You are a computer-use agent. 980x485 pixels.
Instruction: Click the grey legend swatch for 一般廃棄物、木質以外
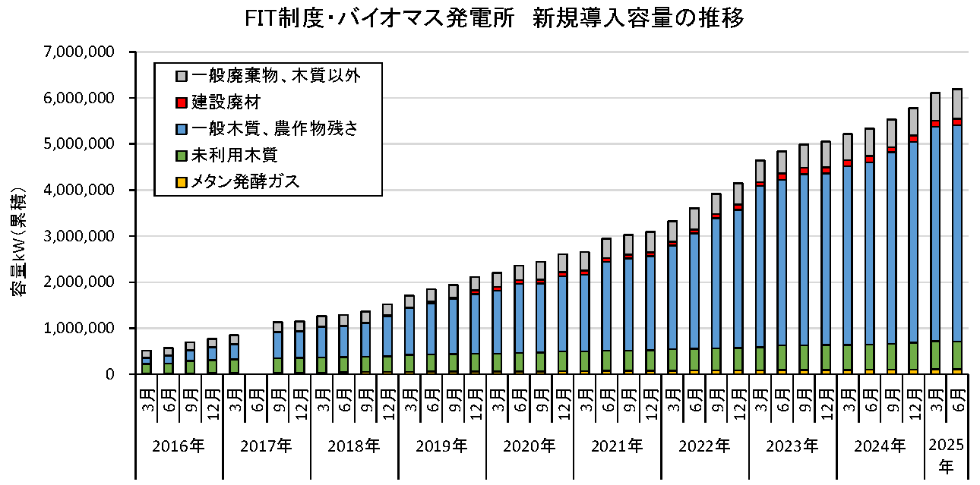tap(182, 75)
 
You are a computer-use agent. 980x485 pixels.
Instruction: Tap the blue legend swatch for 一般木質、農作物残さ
tap(182, 128)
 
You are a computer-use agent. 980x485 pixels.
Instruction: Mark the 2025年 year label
tap(946, 454)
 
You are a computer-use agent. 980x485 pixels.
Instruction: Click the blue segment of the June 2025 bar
tap(957, 228)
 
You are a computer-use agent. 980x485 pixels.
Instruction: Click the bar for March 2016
tap(147, 362)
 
